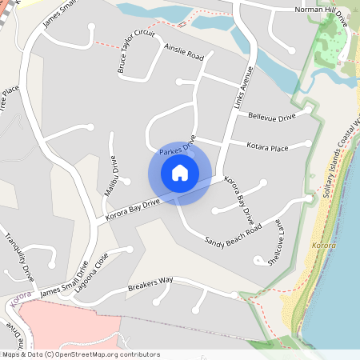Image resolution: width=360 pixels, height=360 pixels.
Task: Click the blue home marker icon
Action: tap(180, 173)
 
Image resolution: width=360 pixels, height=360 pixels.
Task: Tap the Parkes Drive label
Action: tap(178, 150)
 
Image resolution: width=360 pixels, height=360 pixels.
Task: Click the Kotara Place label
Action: tap(268, 147)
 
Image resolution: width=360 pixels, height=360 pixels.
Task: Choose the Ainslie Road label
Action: tap(184, 53)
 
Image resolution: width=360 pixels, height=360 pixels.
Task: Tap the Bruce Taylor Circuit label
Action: tap(135, 53)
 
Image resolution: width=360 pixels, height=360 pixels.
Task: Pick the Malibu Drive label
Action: tap(110, 176)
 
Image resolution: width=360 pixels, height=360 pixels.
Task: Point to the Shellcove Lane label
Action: tap(273, 242)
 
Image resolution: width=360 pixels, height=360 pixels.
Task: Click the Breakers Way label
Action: tap(150, 284)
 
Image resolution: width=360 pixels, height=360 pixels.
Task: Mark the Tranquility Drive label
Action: tap(20, 256)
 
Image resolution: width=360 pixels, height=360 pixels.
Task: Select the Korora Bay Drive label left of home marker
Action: tap(128, 208)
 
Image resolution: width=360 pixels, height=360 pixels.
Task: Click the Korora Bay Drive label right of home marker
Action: tap(238, 198)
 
